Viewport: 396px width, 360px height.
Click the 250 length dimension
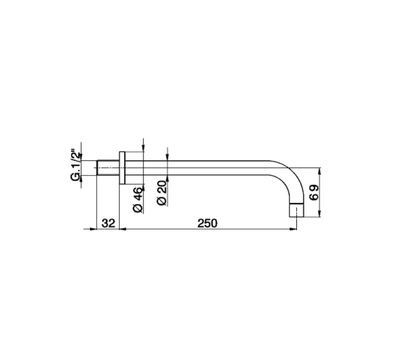207,223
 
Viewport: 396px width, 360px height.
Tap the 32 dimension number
108,223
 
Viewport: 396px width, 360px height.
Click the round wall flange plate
122,168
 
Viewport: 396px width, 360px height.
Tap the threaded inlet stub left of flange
107,168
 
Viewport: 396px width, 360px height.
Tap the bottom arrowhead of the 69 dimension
320,214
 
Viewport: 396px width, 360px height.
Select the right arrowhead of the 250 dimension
293,229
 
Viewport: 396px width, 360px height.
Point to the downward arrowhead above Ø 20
167,157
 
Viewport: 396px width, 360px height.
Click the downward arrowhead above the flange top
143,147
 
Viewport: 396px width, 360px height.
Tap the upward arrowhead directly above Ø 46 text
143,188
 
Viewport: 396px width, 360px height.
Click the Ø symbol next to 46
138,209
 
